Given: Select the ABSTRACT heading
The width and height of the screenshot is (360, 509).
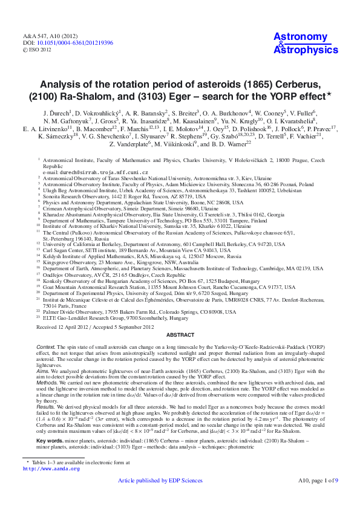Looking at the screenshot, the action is (180, 333).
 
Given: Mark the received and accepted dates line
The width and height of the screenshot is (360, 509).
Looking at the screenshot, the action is (94, 326).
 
